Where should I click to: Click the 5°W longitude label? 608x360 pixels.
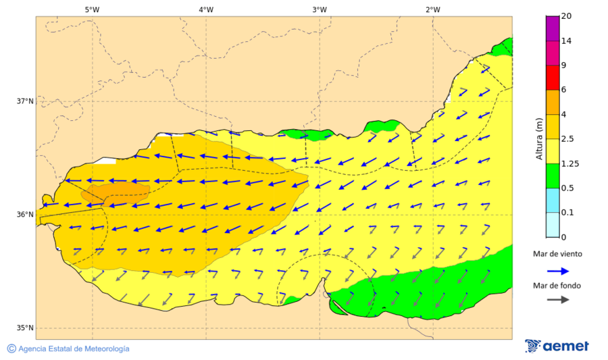pyautogui.click(x=93, y=9)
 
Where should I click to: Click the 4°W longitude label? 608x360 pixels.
pyautogui.click(x=206, y=9)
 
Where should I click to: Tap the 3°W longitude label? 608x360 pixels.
pyautogui.click(x=320, y=9)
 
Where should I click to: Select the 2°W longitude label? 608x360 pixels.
pyautogui.click(x=433, y=9)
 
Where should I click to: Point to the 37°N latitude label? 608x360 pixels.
pyautogui.click(x=25, y=101)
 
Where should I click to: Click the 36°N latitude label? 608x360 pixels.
pyautogui.click(x=25, y=215)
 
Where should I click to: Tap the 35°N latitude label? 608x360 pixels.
pyautogui.click(x=25, y=328)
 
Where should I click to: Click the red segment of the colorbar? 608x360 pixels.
pyautogui.click(x=553, y=78)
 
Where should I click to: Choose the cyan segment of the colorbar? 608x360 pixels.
pyautogui.click(x=553, y=200)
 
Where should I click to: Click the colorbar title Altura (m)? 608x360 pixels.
pyautogui.click(x=539, y=138)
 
